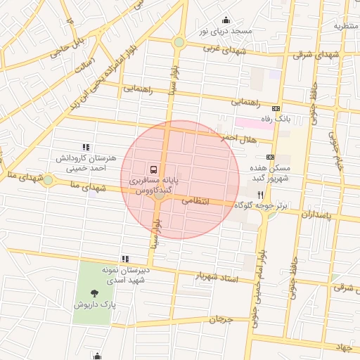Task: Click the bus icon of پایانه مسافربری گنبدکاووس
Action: tap(153, 169)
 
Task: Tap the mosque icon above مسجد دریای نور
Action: tap(226, 20)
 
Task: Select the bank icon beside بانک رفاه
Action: tap(275, 108)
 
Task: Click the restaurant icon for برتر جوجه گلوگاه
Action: tap(260, 195)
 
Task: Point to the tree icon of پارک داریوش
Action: tap(96, 292)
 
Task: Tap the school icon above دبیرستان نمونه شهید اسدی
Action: tap(125, 259)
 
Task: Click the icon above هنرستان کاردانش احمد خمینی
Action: tap(86, 147)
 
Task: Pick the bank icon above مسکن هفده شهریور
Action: tap(271, 157)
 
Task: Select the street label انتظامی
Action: tap(195, 200)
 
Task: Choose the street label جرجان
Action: tap(220, 319)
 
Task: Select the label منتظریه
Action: tap(346, 26)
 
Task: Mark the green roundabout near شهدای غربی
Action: tap(179, 42)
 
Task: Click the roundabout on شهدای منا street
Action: tap(48, 180)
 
